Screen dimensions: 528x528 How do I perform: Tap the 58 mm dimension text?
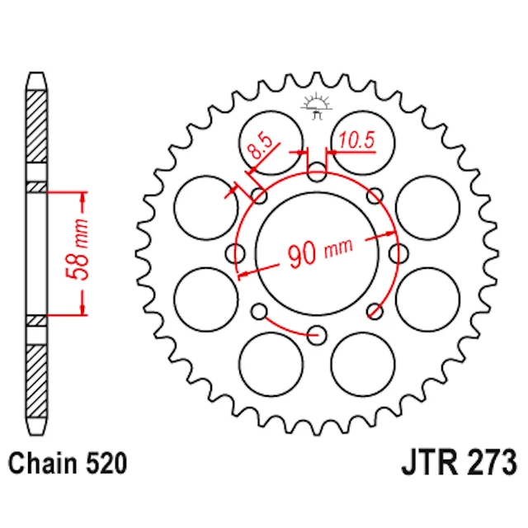tap(78, 249)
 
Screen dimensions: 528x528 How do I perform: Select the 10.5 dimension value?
tap(356, 140)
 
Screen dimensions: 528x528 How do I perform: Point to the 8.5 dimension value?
tap(259, 147)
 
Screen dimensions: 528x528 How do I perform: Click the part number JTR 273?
tap(459, 463)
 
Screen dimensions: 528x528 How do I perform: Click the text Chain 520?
tap(68, 464)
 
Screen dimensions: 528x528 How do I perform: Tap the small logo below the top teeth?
tap(317, 106)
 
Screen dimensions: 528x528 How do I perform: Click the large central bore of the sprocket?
tap(317, 253)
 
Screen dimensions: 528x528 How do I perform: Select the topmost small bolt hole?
tap(317, 172)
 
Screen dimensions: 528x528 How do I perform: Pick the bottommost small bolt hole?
tap(317, 336)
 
